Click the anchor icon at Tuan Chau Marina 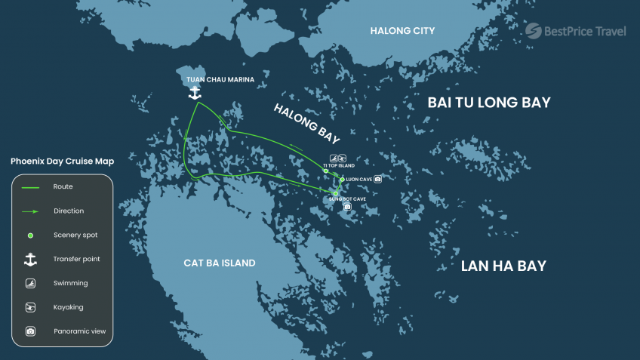(x=195, y=92)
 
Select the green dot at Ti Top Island (x=326, y=171)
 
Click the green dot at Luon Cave (x=342, y=180)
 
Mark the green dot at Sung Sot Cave (x=336, y=193)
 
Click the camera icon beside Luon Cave (x=377, y=179)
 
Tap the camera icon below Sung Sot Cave (x=347, y=206)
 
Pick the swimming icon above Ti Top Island (x=333, y=158)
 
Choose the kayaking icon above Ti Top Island (x=342, y=158)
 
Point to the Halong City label (x=402, y=30)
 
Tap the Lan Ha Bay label (x=503, y=266)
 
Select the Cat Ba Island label (x=219, y=263)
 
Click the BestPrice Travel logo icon (x=534, y=30)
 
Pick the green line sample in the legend (x=30, y=187)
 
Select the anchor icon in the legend (x=30, y=259)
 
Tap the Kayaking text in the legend (x=68, y=307)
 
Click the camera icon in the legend (x=30, y=331)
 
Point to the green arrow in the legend (x=30, y=211)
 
